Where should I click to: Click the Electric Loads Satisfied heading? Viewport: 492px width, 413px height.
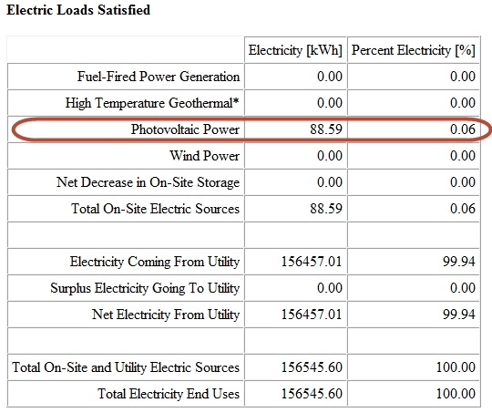click(x=78, y=10)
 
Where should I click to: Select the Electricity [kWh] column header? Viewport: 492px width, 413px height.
click(x=295, y=50)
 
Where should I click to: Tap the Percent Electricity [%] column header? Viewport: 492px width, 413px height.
click(x=414, y=50)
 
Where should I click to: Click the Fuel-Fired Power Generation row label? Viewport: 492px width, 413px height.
click(x=159, y=77)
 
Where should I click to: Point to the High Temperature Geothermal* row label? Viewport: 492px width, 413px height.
click(x=152, y=103)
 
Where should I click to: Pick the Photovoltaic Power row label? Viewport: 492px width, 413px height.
click(x=185, y=129)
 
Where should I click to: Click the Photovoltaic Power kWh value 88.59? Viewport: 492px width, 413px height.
click(x=326, y=129)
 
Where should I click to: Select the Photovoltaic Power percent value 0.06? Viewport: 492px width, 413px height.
click(x=463, y=129)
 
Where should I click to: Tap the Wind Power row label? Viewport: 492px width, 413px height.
click(x=205, y=156)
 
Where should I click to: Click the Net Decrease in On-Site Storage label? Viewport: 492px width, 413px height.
click(x=148, y=182)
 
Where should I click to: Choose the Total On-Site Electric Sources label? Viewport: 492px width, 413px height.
click(x=155, y=209)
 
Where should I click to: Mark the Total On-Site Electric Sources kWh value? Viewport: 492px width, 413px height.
click(x=326, y=209)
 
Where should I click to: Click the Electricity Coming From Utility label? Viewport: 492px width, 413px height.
click(x=155, y=262)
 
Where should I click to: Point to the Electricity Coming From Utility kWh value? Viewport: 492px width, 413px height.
click(x=312, y=262)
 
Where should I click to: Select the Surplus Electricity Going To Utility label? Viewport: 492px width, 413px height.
click(x=145, y=288)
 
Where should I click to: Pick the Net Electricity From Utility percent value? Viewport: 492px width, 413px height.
click(x=459, y=315)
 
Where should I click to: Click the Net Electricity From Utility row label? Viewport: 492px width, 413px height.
click(x=166, y=315)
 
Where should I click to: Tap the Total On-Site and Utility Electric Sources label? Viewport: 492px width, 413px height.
click(x=126, y=367)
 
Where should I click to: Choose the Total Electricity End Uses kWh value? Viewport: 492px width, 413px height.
click(x=312, y=394)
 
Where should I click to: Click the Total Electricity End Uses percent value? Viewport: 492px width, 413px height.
click(x=456, y=394)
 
